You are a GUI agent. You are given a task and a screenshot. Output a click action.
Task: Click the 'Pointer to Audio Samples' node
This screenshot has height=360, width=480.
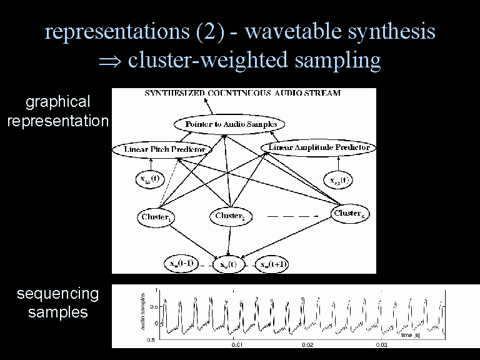point(231,124)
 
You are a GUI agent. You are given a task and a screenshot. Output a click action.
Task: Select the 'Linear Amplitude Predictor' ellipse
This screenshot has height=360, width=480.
point(319,147)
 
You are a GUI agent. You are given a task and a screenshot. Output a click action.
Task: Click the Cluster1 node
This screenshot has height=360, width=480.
point(156,217)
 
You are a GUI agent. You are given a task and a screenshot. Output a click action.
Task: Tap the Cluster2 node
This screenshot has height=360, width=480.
point(230,216)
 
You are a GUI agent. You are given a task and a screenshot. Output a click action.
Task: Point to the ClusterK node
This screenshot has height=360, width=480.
point(349,213)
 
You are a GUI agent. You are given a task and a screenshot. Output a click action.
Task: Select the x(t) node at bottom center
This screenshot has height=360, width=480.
point(227,264)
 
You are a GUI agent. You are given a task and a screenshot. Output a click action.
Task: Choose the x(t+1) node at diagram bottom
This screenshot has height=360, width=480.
point(273,264)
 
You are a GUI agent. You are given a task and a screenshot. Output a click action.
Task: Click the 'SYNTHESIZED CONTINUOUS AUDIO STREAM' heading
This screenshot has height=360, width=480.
point(242,93)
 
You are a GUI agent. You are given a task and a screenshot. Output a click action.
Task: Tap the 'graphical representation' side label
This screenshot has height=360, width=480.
point(57,111)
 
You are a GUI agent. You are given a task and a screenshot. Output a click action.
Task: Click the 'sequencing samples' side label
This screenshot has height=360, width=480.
point(57,302)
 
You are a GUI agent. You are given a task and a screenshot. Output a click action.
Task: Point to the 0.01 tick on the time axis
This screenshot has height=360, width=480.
point(237,344)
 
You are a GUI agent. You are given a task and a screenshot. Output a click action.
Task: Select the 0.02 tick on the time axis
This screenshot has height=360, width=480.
point(307,344)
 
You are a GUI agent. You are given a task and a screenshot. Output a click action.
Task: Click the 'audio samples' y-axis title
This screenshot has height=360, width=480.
point(142,311)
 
